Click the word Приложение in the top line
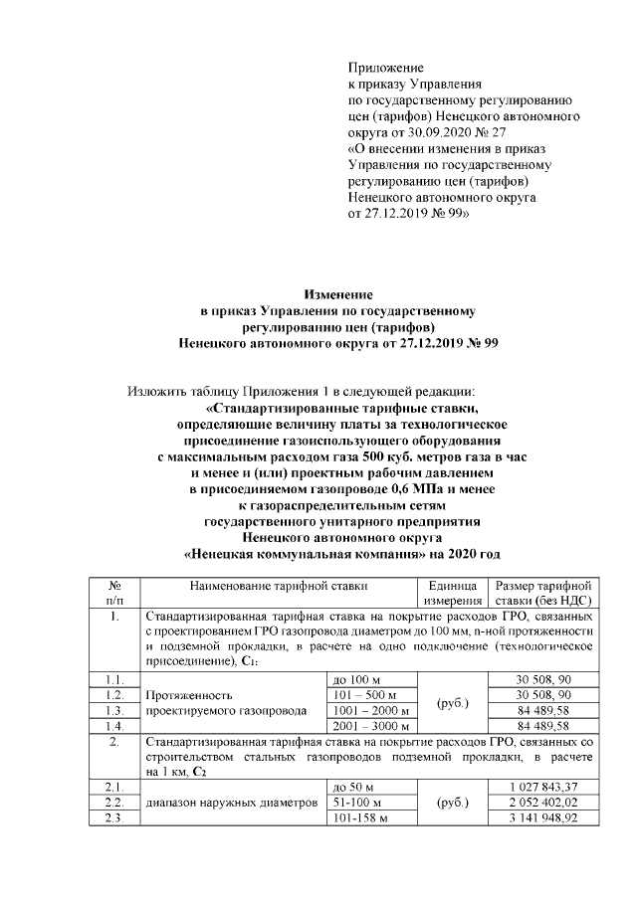point(378,68)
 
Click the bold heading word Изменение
point(337,294)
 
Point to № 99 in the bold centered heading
point(480,342)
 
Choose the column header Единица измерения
point(453,593)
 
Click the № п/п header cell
point(114,593)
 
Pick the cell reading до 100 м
point(354,678)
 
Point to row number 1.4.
point(115,726)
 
